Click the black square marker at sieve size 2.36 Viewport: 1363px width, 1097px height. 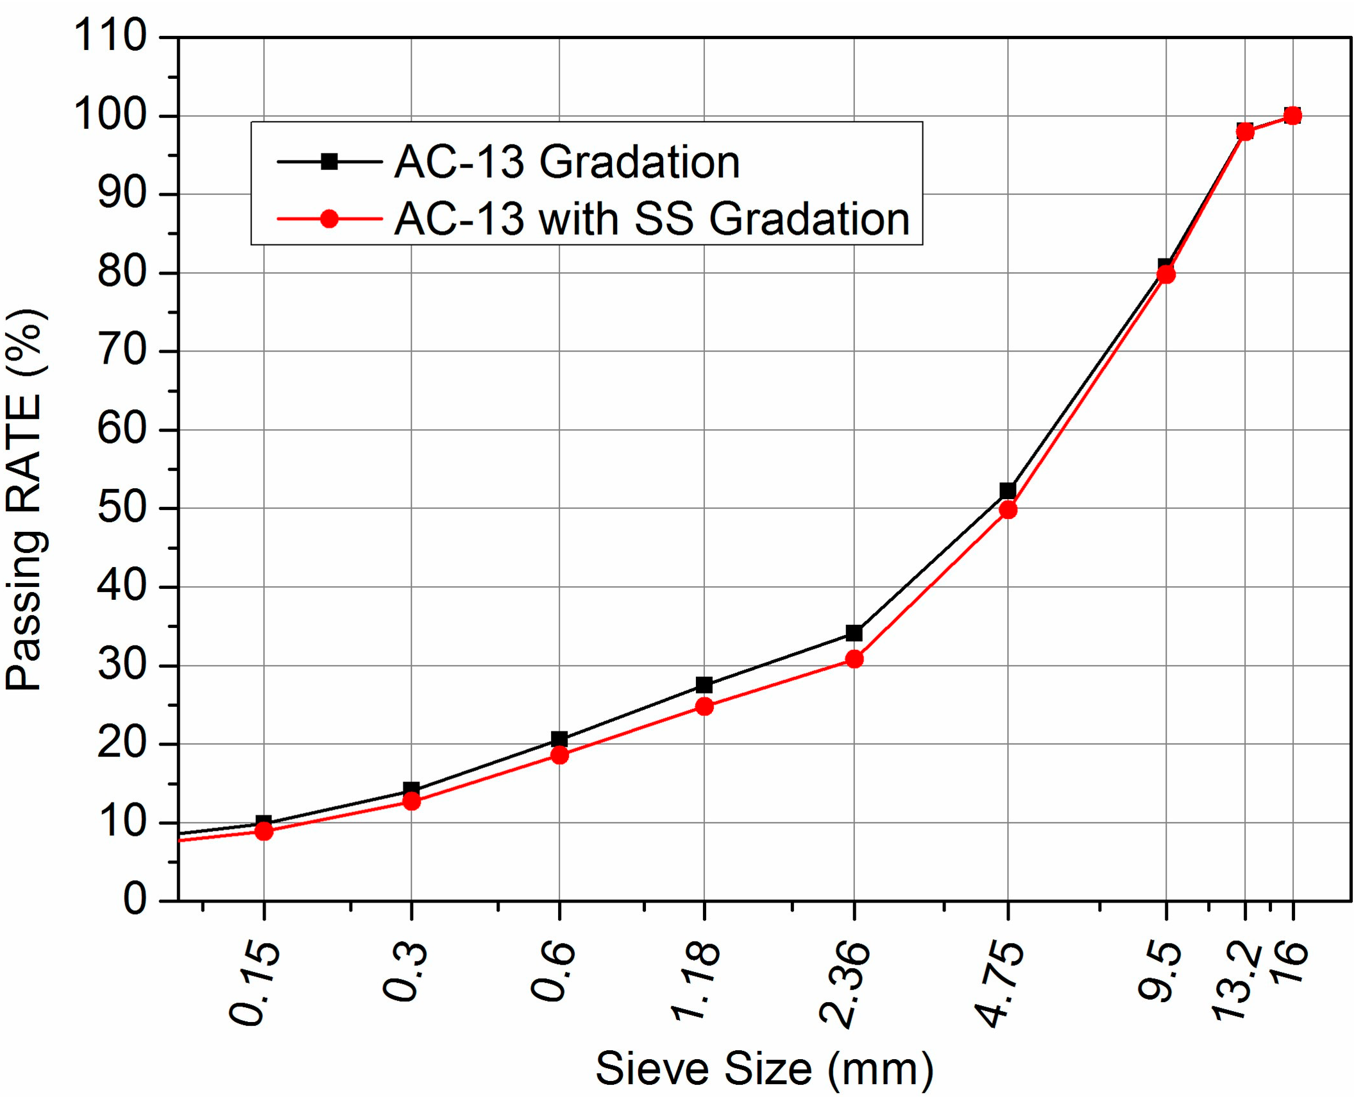[x=854, y=633]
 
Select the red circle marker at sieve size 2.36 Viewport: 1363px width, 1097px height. [x=854, y=659]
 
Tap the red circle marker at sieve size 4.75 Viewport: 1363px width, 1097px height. [x=1008, y=510]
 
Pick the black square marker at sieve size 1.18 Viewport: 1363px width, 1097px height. [x=704, y=685]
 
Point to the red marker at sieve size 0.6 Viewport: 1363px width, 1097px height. [x=559, y=755]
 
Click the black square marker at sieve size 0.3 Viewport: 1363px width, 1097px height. [x=411, y=790]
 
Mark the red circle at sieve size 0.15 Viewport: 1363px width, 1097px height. [x=264, y=831]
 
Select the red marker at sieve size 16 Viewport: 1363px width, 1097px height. [x=1292, y=115]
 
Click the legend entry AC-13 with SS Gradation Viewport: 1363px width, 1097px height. [x=652, y=219]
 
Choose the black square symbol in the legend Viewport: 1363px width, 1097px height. [x=329, y=162]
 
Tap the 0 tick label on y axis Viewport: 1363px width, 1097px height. [x=134, y=899]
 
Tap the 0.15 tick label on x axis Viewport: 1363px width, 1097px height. [x=254, y=985]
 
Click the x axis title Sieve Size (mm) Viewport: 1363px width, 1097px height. [x=764, y=1068]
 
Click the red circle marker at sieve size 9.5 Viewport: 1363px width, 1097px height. [x=1165, y=275]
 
